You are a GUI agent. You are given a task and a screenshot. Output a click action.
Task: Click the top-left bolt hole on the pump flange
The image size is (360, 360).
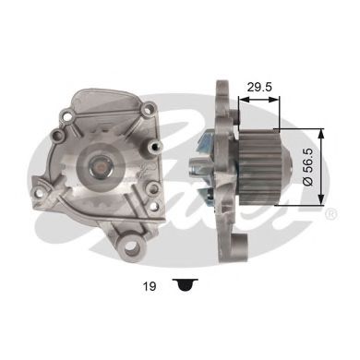click(68, 118)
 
